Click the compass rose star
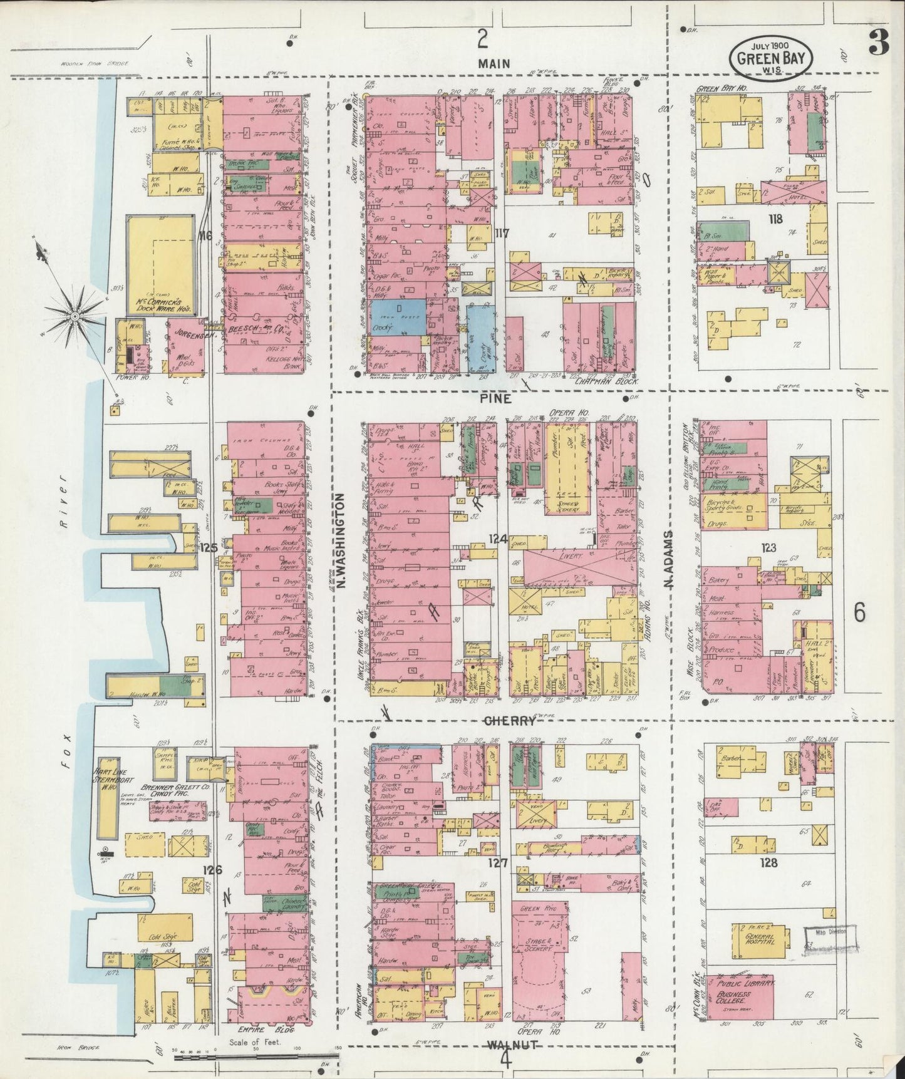coord(74,316)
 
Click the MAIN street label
coord(495,63)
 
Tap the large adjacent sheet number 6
coord(859,612)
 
